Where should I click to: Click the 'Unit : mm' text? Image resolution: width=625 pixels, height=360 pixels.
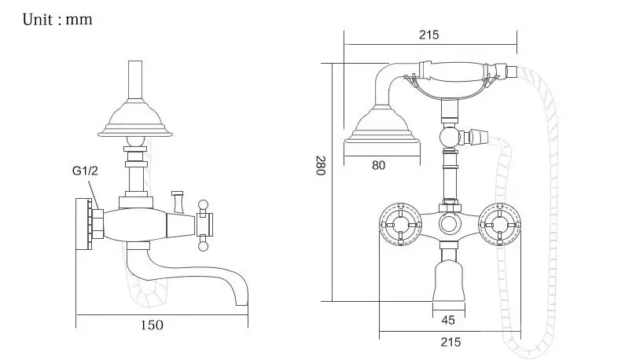tap(57, 20)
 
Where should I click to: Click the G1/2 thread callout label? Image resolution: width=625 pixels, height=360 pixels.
tap(85, 171)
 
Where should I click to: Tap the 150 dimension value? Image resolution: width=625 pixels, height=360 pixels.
tap(152, 325)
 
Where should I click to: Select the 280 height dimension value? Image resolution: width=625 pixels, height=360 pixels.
tap(321, 165)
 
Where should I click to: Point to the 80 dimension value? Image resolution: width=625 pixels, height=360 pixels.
tap(379, 165)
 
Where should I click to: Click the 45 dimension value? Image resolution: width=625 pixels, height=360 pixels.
tap(448, 320)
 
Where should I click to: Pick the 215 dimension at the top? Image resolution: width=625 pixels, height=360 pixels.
tap(429, 35)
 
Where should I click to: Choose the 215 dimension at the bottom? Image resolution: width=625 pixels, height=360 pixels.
tap(450, 342)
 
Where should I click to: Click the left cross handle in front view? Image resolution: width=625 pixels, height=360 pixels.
tap(400, 225)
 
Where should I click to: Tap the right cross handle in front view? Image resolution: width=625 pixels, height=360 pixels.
tap(500, 225)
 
